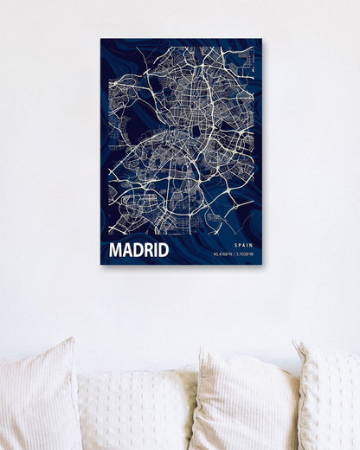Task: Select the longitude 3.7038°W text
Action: point(245,255)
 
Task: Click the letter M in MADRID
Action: point(116,251)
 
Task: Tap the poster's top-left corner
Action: point(100,39)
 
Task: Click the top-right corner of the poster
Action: point(261,39)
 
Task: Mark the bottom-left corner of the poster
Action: point(100,264)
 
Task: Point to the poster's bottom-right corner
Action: point(261,264)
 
